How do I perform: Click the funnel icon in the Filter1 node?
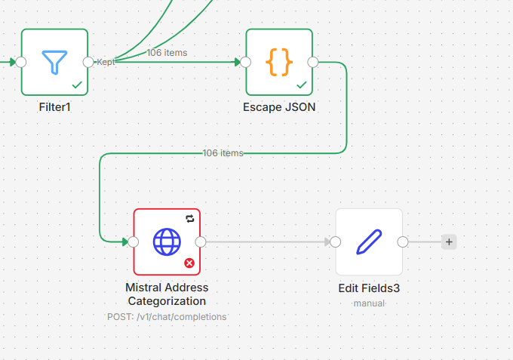[54, 62]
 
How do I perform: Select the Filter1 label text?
[54, 107]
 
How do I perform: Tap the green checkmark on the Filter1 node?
[76, 85]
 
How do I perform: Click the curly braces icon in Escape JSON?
[278, 62]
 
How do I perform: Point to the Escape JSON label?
[279, 107]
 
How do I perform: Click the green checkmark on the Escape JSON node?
[301, 85]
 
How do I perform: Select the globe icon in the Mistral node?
[167, 242]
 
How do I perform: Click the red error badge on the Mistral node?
[189, 263]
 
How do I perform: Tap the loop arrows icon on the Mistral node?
[189, 219]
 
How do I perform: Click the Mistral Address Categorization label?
[167, 294]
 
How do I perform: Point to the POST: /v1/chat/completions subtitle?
[167, 317]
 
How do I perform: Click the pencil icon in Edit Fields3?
[369, 242]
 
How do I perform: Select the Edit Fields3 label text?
[369, 288]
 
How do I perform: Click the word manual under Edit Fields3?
[369, 303]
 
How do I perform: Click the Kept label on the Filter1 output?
[106, 62]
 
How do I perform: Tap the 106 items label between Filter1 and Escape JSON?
[167, 53]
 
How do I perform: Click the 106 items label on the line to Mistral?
[223, 153]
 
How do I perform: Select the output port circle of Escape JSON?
[313, 62]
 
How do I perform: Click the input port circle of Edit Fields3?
[336, 242]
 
